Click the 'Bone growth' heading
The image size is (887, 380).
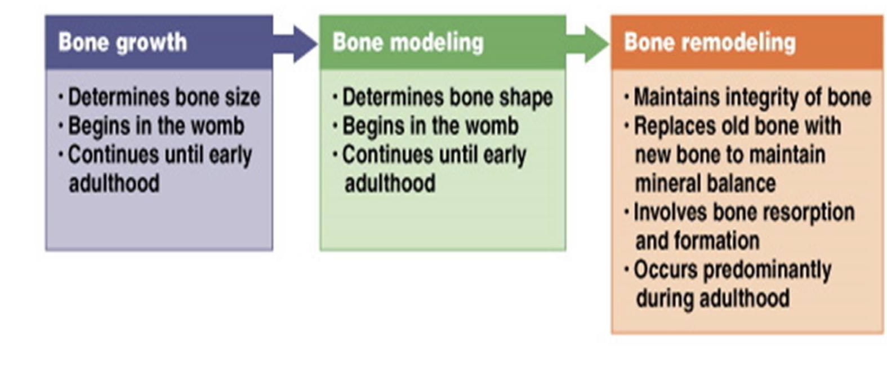point(122,42)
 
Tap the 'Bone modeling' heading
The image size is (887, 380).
point(408,42)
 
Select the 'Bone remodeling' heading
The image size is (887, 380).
point(710,42)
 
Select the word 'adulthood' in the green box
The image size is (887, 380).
point(390,183)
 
